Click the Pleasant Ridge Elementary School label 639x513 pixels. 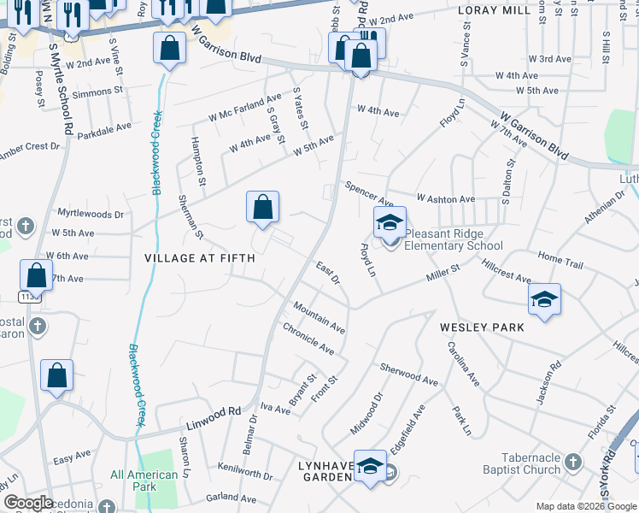(x=455, y=239)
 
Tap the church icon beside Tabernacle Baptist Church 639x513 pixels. (x=574, y=462)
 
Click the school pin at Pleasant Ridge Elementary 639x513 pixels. (x=389, y=224)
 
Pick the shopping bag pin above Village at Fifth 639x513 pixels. (x=262, y=207)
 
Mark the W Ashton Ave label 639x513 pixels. (x=445, y=198)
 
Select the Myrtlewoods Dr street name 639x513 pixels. (x=90, y=213)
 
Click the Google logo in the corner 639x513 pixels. (x=28, y=503)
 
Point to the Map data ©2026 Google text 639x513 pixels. (x=586, y=506)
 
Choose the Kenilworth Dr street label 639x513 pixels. (x=244, y=475)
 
